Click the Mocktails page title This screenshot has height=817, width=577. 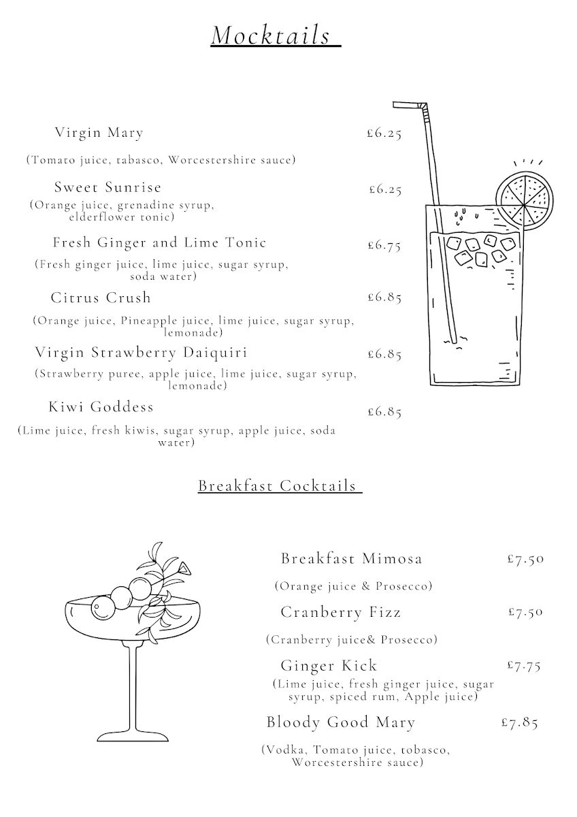[276, 35]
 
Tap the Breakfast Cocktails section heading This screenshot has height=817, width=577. [278, 485]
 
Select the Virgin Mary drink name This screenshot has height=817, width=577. [99, 132]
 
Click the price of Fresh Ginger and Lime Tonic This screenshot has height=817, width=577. [384, 245]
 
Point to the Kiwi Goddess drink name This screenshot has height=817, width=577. [101, 407]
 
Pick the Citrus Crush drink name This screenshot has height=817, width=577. [101, 298]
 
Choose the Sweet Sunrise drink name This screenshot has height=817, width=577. [108, 187]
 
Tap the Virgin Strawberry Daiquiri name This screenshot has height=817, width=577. [141, 352]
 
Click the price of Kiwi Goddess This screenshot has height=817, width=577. [384, 411]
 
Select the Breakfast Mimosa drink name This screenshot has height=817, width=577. [351, 559]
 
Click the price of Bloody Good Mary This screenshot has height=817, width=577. [519, 722]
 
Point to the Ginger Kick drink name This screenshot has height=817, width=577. [329, 665]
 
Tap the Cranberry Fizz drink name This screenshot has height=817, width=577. [341, 612]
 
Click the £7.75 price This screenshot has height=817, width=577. [524, 665]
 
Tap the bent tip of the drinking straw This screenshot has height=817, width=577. [407, 106]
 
